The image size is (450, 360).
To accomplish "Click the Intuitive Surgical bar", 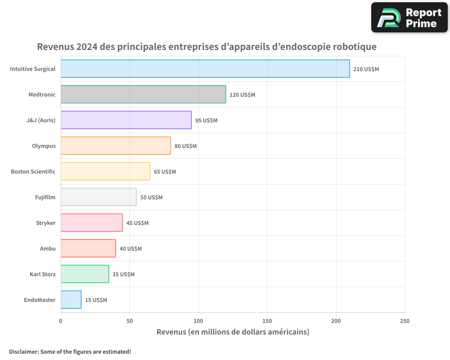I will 205,69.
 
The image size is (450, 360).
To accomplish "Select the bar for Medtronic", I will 143,94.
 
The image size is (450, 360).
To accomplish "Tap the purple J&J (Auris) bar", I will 126,120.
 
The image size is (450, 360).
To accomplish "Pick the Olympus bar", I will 116,146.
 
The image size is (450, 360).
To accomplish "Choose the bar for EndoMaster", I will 71,300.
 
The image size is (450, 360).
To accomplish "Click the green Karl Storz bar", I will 85,274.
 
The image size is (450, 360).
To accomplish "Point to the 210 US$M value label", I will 366,69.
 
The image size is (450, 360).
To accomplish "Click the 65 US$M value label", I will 165,172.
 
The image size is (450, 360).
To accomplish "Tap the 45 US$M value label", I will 137,223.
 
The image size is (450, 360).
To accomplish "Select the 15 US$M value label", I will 96,300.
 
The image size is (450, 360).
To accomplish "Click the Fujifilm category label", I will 45,197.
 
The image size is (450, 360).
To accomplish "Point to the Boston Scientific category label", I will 33,171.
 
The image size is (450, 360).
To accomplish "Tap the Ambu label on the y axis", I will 48,248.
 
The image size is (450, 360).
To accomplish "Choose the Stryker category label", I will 46,223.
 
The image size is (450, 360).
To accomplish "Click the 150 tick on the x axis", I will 267,321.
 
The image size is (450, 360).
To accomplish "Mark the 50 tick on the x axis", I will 130,321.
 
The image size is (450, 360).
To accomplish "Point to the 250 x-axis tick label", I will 405,321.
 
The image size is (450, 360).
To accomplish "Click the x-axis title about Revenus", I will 233,332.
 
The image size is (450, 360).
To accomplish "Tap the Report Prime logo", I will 409,18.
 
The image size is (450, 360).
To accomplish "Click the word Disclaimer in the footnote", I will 23,351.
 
